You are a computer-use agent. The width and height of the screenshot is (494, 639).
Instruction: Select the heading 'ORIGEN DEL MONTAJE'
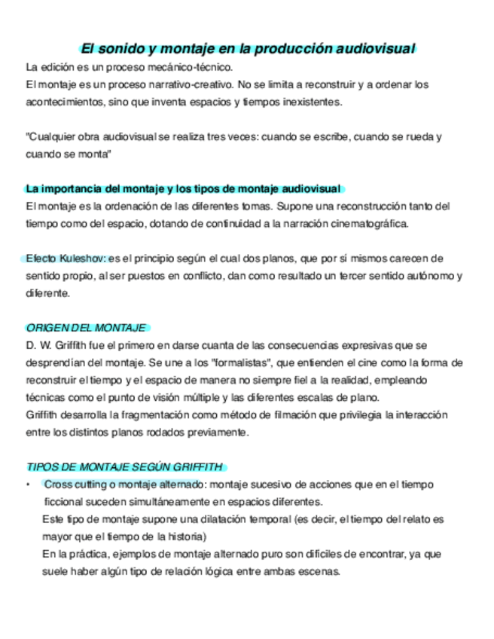pyautogui.click(x=86, y=328)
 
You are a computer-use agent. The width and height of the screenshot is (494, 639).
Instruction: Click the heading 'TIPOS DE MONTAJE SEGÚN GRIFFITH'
pyautogui.click(x=125, y=466)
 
